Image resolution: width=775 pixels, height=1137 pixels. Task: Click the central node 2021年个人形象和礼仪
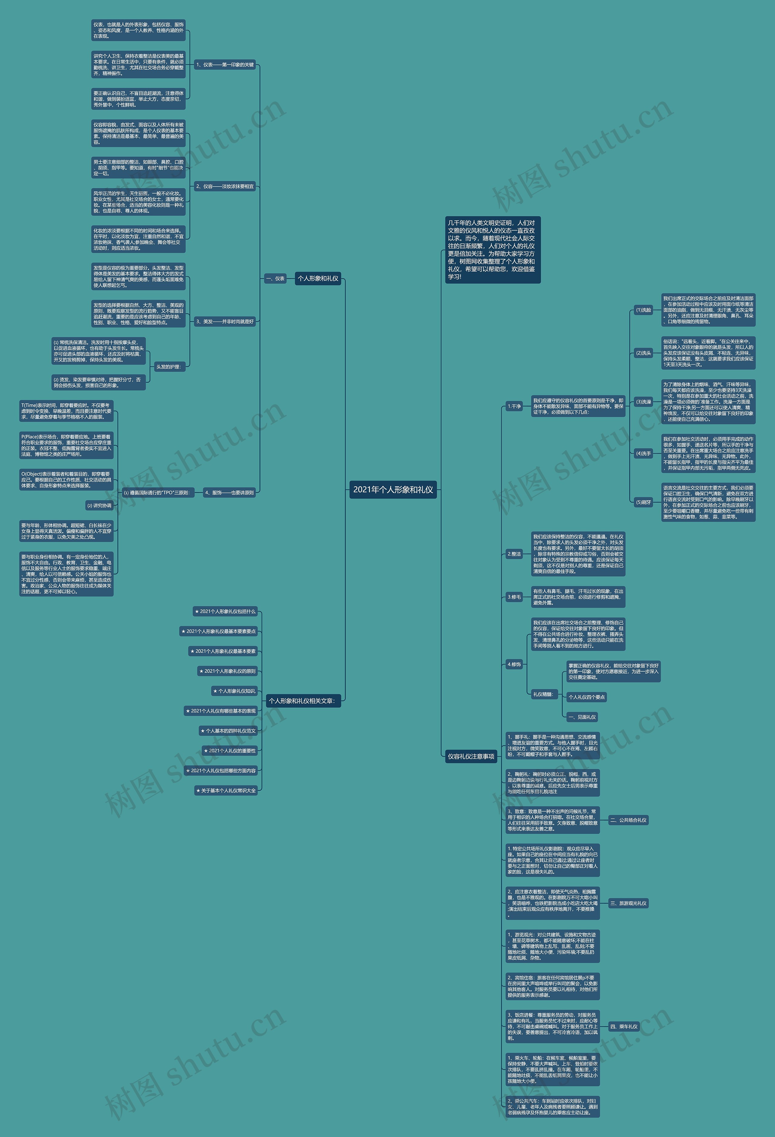(x=393, y=490)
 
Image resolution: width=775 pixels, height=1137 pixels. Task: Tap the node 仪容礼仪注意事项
(x=471, y=756)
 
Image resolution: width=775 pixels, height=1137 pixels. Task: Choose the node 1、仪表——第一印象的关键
(x=225, y=64)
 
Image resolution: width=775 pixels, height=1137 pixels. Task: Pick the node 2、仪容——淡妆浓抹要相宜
(x=225, y=187)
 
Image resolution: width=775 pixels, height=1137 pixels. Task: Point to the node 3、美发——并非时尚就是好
(x=225, y=322)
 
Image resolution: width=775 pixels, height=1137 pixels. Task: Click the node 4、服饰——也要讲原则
(x=229, y=493)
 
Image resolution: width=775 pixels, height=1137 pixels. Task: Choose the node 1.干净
(x=514, y=406)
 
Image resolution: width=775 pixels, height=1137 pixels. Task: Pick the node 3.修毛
(x=514, y=597)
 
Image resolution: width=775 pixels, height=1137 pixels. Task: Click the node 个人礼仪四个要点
(x=586, y=697)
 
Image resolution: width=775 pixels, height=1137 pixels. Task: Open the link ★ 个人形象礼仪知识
(x=234, y=691)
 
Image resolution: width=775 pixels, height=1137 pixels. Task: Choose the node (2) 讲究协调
(x=99, y=505)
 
